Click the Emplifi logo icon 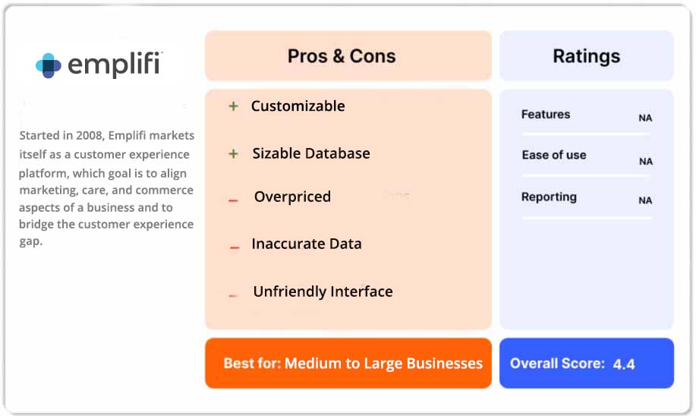[x=49, y=65]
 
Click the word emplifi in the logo [x=114, y=65]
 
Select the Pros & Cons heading [x=342, y=56]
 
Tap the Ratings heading [x=586, y=56]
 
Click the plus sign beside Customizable [x=234, y=106]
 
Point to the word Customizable [x=298, y=106]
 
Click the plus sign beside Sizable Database [x=234, y=154]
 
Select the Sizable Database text [x=311, y=153]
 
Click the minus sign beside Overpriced [x=234, y=200]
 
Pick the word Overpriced [x=292, y=197]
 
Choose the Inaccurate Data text [x=307, y=244]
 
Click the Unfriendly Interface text [x=323, y=292]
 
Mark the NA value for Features [x=645, y=118]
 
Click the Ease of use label [x=554, y=155]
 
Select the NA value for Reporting [x=645, y=201]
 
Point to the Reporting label [x=549, y=197]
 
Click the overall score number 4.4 [x=624, y=364]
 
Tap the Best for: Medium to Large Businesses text [x=353, y=363]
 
